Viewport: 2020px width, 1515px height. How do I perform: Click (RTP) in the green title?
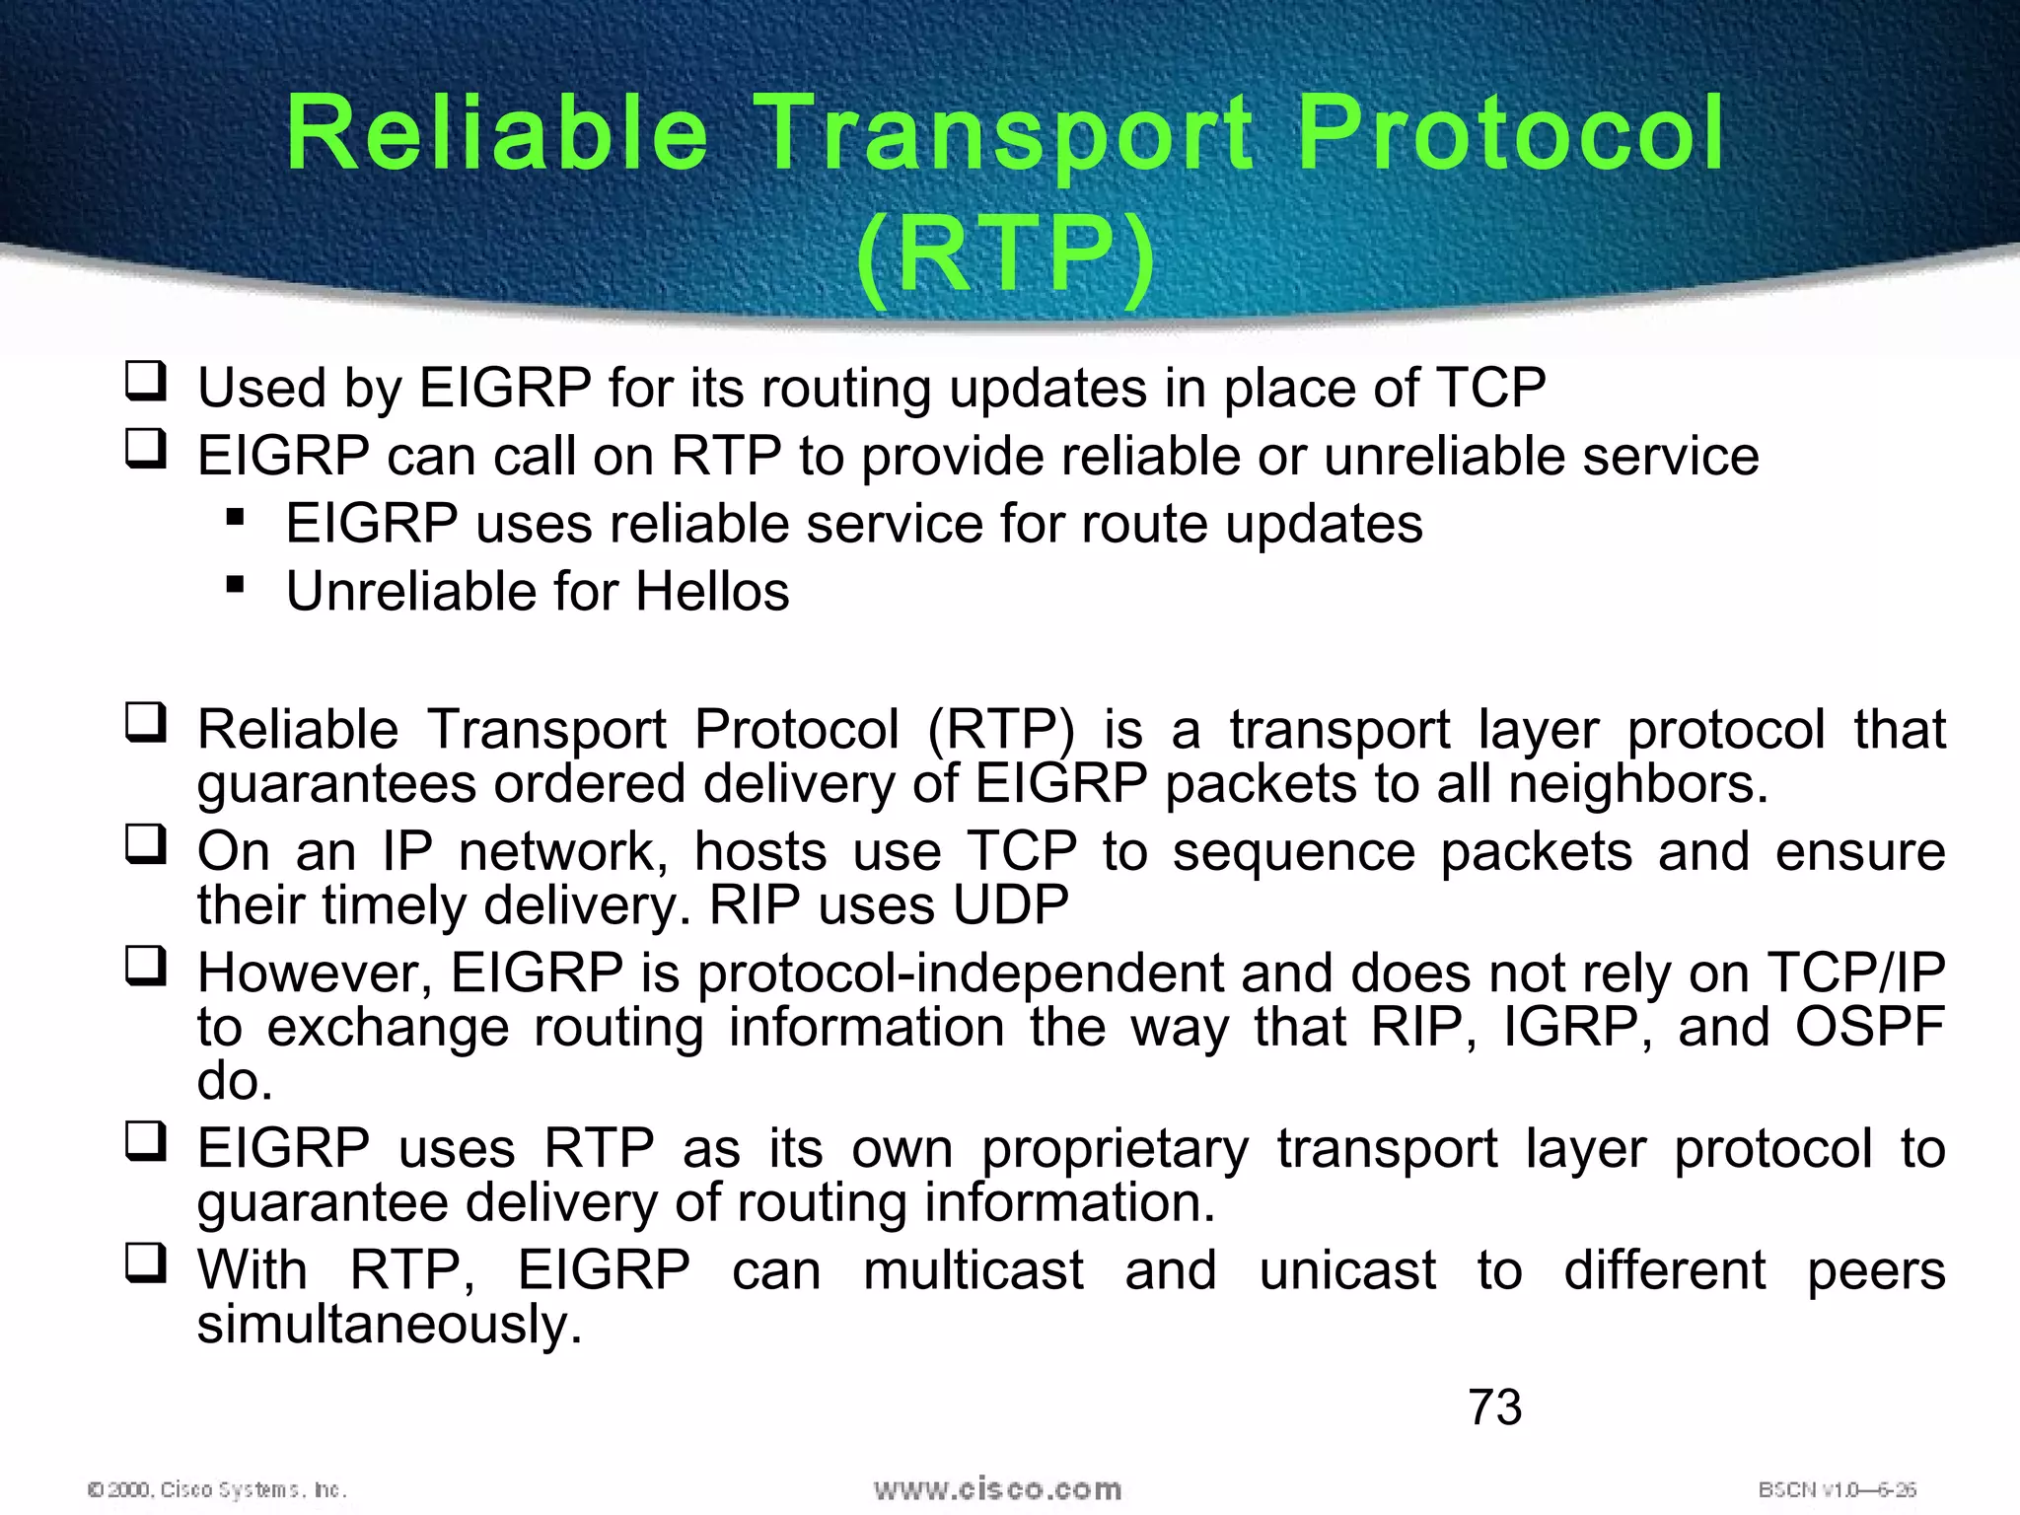[x=1005, y=256]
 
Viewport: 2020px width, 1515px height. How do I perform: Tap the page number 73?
[x=1494, y=1407]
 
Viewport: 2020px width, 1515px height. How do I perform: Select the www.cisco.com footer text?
[x=997, y=1488]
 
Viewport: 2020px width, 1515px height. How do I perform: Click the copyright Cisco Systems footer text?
[x=217, y=1489]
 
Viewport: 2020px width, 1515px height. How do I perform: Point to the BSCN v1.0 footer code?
[x=1837, y=1489]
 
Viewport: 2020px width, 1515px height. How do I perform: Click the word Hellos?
[x=712, y=592]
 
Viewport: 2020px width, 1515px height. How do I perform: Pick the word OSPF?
[x=1869, y=1028]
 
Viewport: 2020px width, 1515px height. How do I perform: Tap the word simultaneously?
[x=389, y=1324]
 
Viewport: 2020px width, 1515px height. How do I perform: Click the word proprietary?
[x=1115, y=1150]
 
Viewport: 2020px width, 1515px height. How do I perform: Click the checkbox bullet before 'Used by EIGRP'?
[x=146, y=381]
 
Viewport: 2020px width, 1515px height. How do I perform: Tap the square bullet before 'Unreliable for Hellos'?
[x=235, y=586]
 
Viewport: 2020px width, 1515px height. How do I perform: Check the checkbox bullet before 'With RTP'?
[x=146, y=1262]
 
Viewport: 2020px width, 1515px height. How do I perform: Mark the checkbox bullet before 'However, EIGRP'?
[x=146, y=967]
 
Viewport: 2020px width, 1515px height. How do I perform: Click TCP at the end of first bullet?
[x=1490, y=388]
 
